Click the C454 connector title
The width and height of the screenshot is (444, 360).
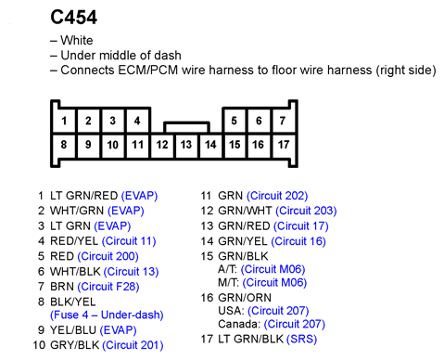tap(73, 18)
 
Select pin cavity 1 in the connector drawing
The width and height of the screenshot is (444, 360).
tap(64, 121)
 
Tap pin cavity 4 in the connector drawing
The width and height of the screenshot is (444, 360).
tap(137, 121)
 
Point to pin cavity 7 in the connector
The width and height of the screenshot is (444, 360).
tap(283, 121)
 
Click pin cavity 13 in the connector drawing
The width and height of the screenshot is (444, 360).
tap(186, 145)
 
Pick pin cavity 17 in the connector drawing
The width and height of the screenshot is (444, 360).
tap(283, 145)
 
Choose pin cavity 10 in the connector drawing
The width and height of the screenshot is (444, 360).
tap(113, 145)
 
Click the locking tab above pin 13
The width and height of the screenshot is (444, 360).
tap(186, 127)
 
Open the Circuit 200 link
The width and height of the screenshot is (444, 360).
tap(108, 256)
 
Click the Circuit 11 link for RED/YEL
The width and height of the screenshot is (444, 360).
tap(129, 241)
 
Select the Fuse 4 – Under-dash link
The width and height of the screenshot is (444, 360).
tap(107, 315)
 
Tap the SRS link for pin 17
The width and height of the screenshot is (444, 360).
tap(301, 339)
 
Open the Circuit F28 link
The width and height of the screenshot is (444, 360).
tap(108, 287)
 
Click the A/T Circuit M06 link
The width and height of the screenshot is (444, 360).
tap(273, 269)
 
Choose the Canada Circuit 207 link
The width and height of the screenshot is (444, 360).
tap(295, 324)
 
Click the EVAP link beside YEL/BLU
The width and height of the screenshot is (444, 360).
tap(119, 330)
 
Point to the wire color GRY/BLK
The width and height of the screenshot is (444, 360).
tap(74, 345)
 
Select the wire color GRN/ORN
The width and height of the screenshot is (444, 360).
tap(245, 298)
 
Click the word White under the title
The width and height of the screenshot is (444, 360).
tap(77, 41)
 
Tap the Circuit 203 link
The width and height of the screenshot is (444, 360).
tap(306, 211)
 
